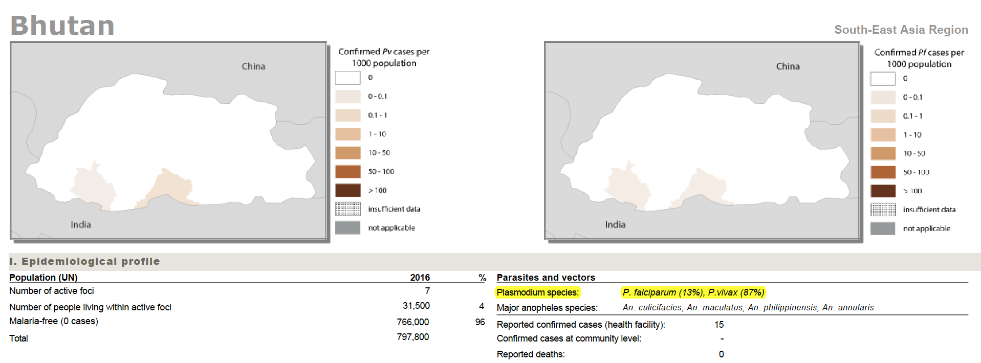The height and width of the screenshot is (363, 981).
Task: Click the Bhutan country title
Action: tap(62, 26)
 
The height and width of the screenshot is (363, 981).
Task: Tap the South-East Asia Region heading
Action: tap(901, 30)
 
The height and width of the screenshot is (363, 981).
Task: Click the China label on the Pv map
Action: tap(253, 66)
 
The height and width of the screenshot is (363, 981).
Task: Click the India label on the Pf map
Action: tap(615, 224)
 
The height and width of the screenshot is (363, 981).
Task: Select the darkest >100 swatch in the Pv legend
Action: tap(348, 190)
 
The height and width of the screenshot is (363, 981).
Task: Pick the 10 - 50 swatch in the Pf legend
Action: tap(883, 153)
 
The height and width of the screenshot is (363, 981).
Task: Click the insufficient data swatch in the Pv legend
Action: tap(348, 209)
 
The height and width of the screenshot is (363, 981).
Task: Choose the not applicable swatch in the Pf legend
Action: tap(883, 229)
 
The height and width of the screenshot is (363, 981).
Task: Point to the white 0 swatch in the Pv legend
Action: tap(348, 78)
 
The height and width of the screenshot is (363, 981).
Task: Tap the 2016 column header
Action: tap(420, 278)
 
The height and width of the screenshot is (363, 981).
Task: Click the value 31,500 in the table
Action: tap(416, 306)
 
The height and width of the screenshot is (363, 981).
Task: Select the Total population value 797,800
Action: tap(412, 337)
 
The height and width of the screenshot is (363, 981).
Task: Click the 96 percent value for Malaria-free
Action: tap(479, 322)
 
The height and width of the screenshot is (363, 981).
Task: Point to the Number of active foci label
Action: tap(52, 291)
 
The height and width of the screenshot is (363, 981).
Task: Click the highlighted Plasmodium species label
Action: tap(538, 292)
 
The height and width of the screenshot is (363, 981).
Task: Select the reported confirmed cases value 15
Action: tap(719, 325)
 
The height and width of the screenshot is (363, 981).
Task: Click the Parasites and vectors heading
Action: tap(546, 278)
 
